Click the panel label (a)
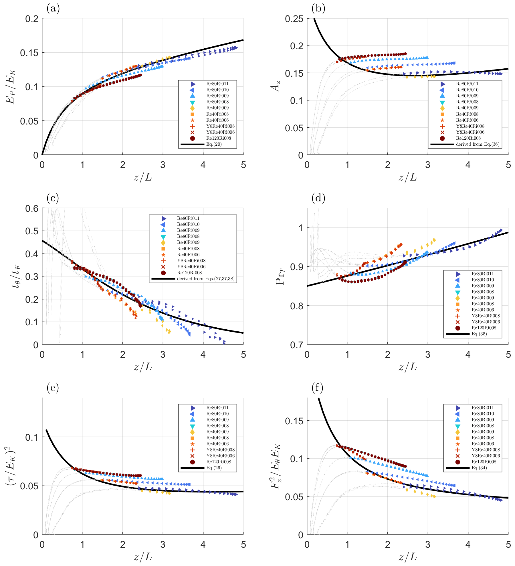[53, 9]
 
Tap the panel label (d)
[318, 198]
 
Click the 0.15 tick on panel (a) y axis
[29, 53]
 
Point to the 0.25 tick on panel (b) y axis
[294, 19]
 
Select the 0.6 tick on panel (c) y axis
[32, 209]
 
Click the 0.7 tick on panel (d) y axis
[297, 345]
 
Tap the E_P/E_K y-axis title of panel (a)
[11, 86]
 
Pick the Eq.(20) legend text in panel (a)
[214, 144]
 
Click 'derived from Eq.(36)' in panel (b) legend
[478, 144]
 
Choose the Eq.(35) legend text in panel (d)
[479, 334]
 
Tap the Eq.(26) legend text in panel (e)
[214, 468]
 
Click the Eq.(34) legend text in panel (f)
[479, 468]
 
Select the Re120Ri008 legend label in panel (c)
[189, 273]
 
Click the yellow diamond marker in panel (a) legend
[192, 108]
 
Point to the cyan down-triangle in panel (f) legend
[457, 426]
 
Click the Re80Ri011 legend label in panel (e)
[217, 408]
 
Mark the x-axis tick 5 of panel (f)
[508, 544]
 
